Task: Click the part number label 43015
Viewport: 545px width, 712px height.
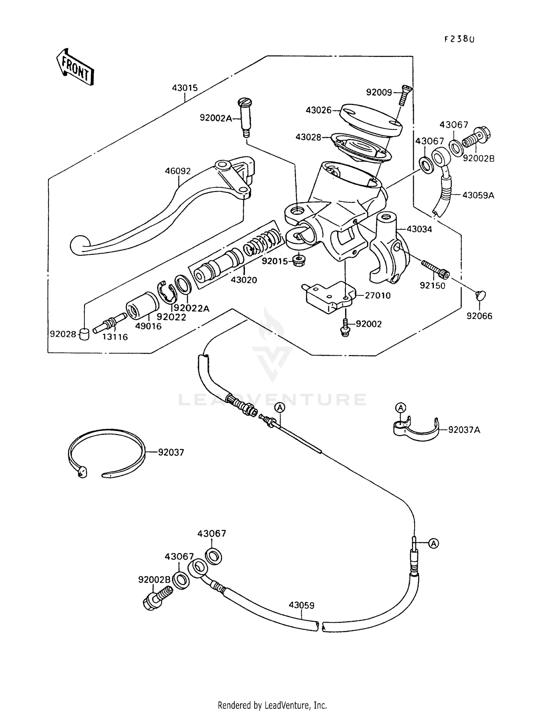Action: (185, 88)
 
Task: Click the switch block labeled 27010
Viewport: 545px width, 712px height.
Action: (329, 296)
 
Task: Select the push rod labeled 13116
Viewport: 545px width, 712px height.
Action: (109, 323)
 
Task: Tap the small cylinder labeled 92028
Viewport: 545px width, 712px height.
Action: (84, 334)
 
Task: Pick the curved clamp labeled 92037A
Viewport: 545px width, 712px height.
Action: (416, 430)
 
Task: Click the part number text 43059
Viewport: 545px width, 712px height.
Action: (302, 605)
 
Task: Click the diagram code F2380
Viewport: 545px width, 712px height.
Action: (459, 39)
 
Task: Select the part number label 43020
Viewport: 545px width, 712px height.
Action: (244, 280)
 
